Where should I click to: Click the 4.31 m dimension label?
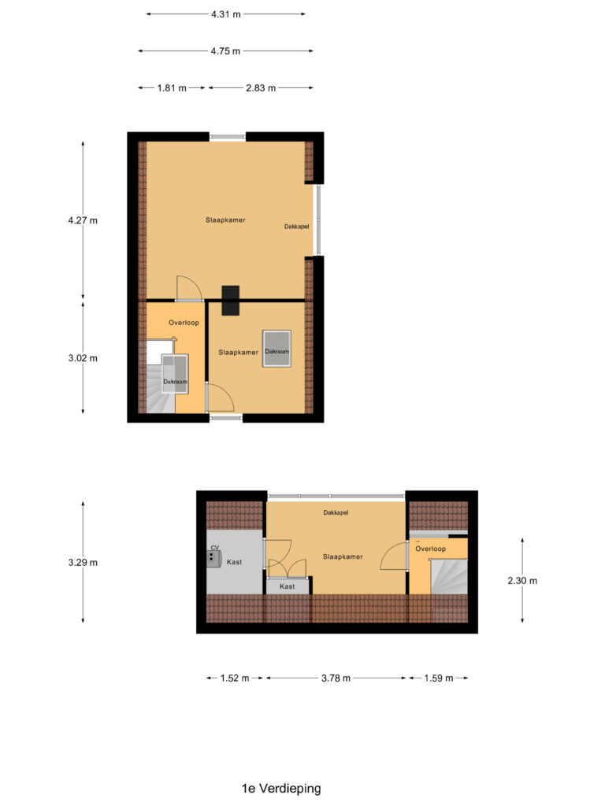pos(225,14)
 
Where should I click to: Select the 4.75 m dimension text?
pos(225,51)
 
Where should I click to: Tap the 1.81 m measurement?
pos(172,88)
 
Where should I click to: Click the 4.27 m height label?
pos(83,220)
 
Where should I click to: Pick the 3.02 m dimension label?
pos(83,358)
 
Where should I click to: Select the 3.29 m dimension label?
pos(83,563)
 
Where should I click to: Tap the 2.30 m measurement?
pos(521,581)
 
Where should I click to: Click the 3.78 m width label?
pos(336,678)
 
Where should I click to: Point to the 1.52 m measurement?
pos(235,678)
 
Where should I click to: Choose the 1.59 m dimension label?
pos(438,678)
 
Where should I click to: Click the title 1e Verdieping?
pos(281,788)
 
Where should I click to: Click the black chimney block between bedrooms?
pos(231,301)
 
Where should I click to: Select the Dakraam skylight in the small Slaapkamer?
pos(277,349)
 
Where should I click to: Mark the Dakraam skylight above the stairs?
pos(175,372)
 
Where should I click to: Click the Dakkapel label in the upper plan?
pos(297,227)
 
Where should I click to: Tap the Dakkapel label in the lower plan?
pos(336,512)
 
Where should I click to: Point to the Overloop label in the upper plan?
pos(184,323)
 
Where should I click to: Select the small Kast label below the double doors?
pos(287,586)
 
